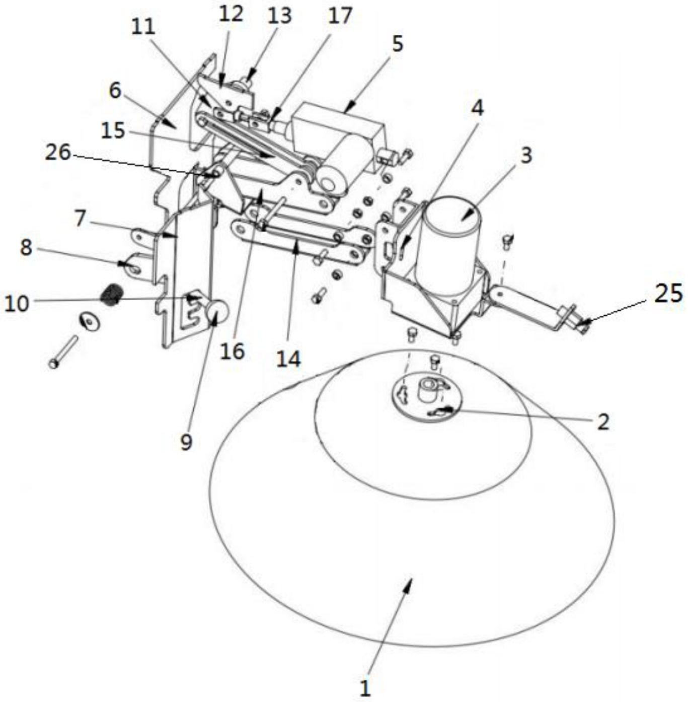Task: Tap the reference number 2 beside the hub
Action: tap(603, 421)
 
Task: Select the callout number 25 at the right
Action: tap(668, 294)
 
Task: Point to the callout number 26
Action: tap(58, 153)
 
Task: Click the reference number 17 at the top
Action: tap(340, 16)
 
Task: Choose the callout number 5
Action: tap(398, 44)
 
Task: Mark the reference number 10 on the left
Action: tap(17, 304)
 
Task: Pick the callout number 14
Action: tap(288, 359)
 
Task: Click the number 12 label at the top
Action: tap(231, 14)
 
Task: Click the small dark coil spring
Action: tap(110, 294)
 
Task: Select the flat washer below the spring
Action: tap(90, 321)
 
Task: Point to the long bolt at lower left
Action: tap(64, 352)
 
